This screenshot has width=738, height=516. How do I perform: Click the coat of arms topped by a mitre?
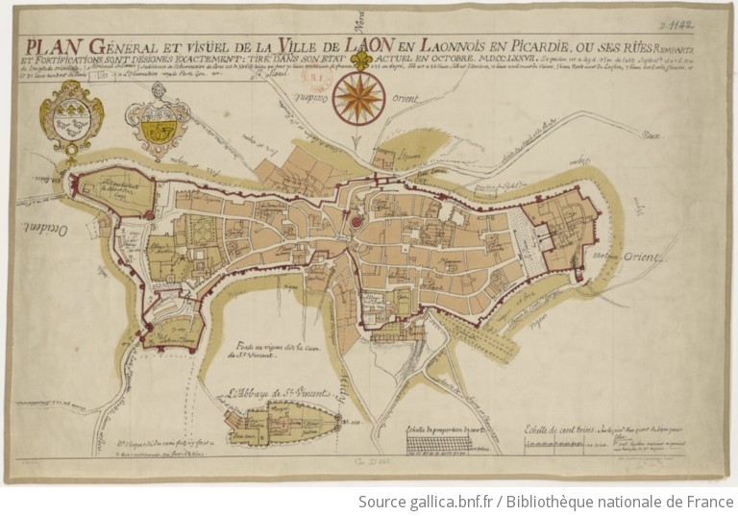(x=159, y=118)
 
